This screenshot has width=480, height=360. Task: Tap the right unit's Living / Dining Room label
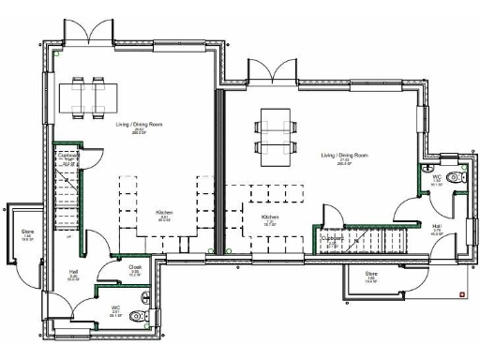pyautogui.click(x=344, y=154)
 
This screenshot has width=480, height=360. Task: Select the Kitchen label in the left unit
pyautogui.click(x=164, y=212)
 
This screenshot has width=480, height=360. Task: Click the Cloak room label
pyautogui.click(x=134, y=266)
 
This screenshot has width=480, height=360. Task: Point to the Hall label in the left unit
pyautogui.click(x=73, y=273)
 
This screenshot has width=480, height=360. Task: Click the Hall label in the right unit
pyautogui.click(x=437, y=226)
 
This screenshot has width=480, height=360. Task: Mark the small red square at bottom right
pyautogui.click(x=461, y=293)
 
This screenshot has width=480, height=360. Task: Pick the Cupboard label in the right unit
pyautogui.click(x=333, y=238)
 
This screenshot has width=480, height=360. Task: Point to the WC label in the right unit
pyautogui.click(x=436, y=176)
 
